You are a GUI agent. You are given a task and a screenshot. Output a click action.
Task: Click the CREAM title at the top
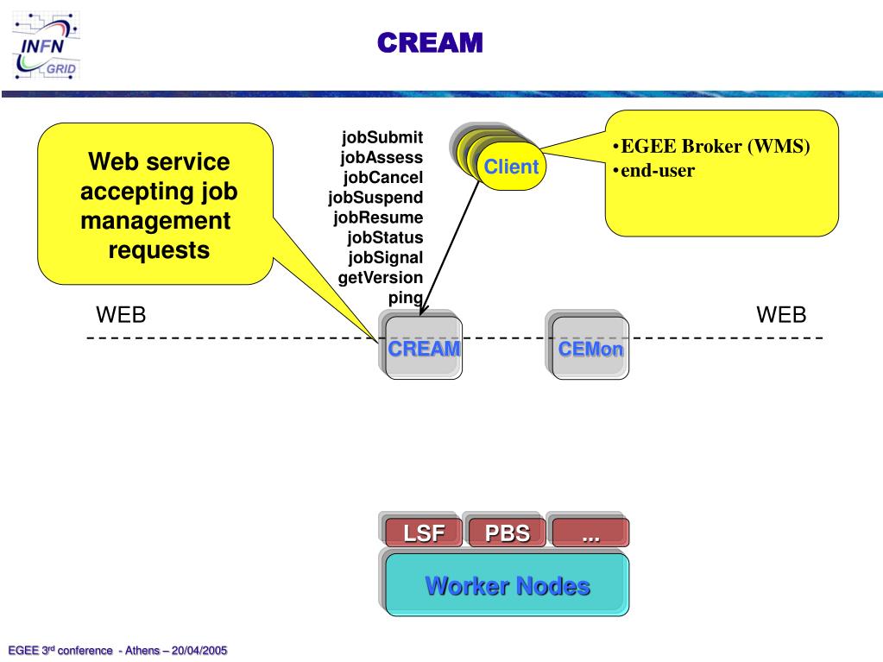tap(430, 43)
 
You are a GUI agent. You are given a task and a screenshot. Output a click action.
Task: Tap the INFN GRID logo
tap(46, 46)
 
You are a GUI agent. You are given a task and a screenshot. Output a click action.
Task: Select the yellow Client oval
tap(511, 166)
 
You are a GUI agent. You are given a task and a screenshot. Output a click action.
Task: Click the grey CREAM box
tap(424, 348)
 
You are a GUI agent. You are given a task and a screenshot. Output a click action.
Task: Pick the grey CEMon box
tap(590, 348)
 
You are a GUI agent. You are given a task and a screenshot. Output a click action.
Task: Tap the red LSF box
tap(424, 532)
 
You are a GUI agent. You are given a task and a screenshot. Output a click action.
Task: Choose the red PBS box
tap(507, 532)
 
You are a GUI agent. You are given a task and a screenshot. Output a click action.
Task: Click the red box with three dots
tap(590, 532)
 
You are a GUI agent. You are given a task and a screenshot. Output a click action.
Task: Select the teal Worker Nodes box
tap(507, 584)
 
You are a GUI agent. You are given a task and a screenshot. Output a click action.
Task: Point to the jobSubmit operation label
tap(382, 137)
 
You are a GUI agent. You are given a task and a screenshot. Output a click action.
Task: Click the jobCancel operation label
tap(383, 177)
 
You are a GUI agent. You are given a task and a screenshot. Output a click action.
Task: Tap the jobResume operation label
tap(378, 218)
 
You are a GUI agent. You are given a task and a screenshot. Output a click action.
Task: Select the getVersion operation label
tap(380, 278)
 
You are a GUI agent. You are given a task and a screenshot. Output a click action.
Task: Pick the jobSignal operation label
tap(385, 258)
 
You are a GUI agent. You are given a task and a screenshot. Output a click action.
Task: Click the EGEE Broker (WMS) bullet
tap(711, 147)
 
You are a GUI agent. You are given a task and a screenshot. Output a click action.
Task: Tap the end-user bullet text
tap(653, 171)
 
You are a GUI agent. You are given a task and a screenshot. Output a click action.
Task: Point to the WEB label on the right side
tap(781, 315)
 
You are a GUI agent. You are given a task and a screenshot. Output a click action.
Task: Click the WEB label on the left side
tap(121, 315)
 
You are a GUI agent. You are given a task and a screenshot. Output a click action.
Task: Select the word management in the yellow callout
tap(155, 221)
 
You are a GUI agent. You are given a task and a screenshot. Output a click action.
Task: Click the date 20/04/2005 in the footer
tap(199, 650)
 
